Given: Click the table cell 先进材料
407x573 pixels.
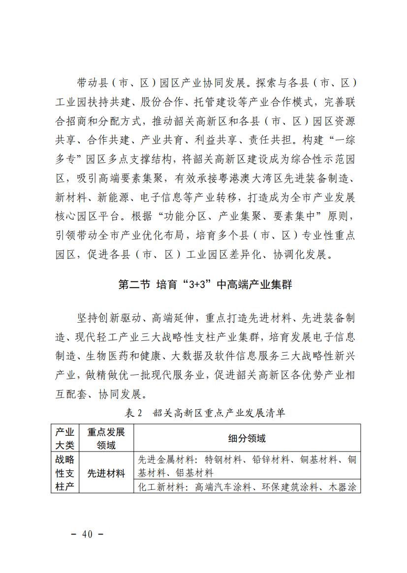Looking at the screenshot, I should pyautogui.click(x=106, y=474).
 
